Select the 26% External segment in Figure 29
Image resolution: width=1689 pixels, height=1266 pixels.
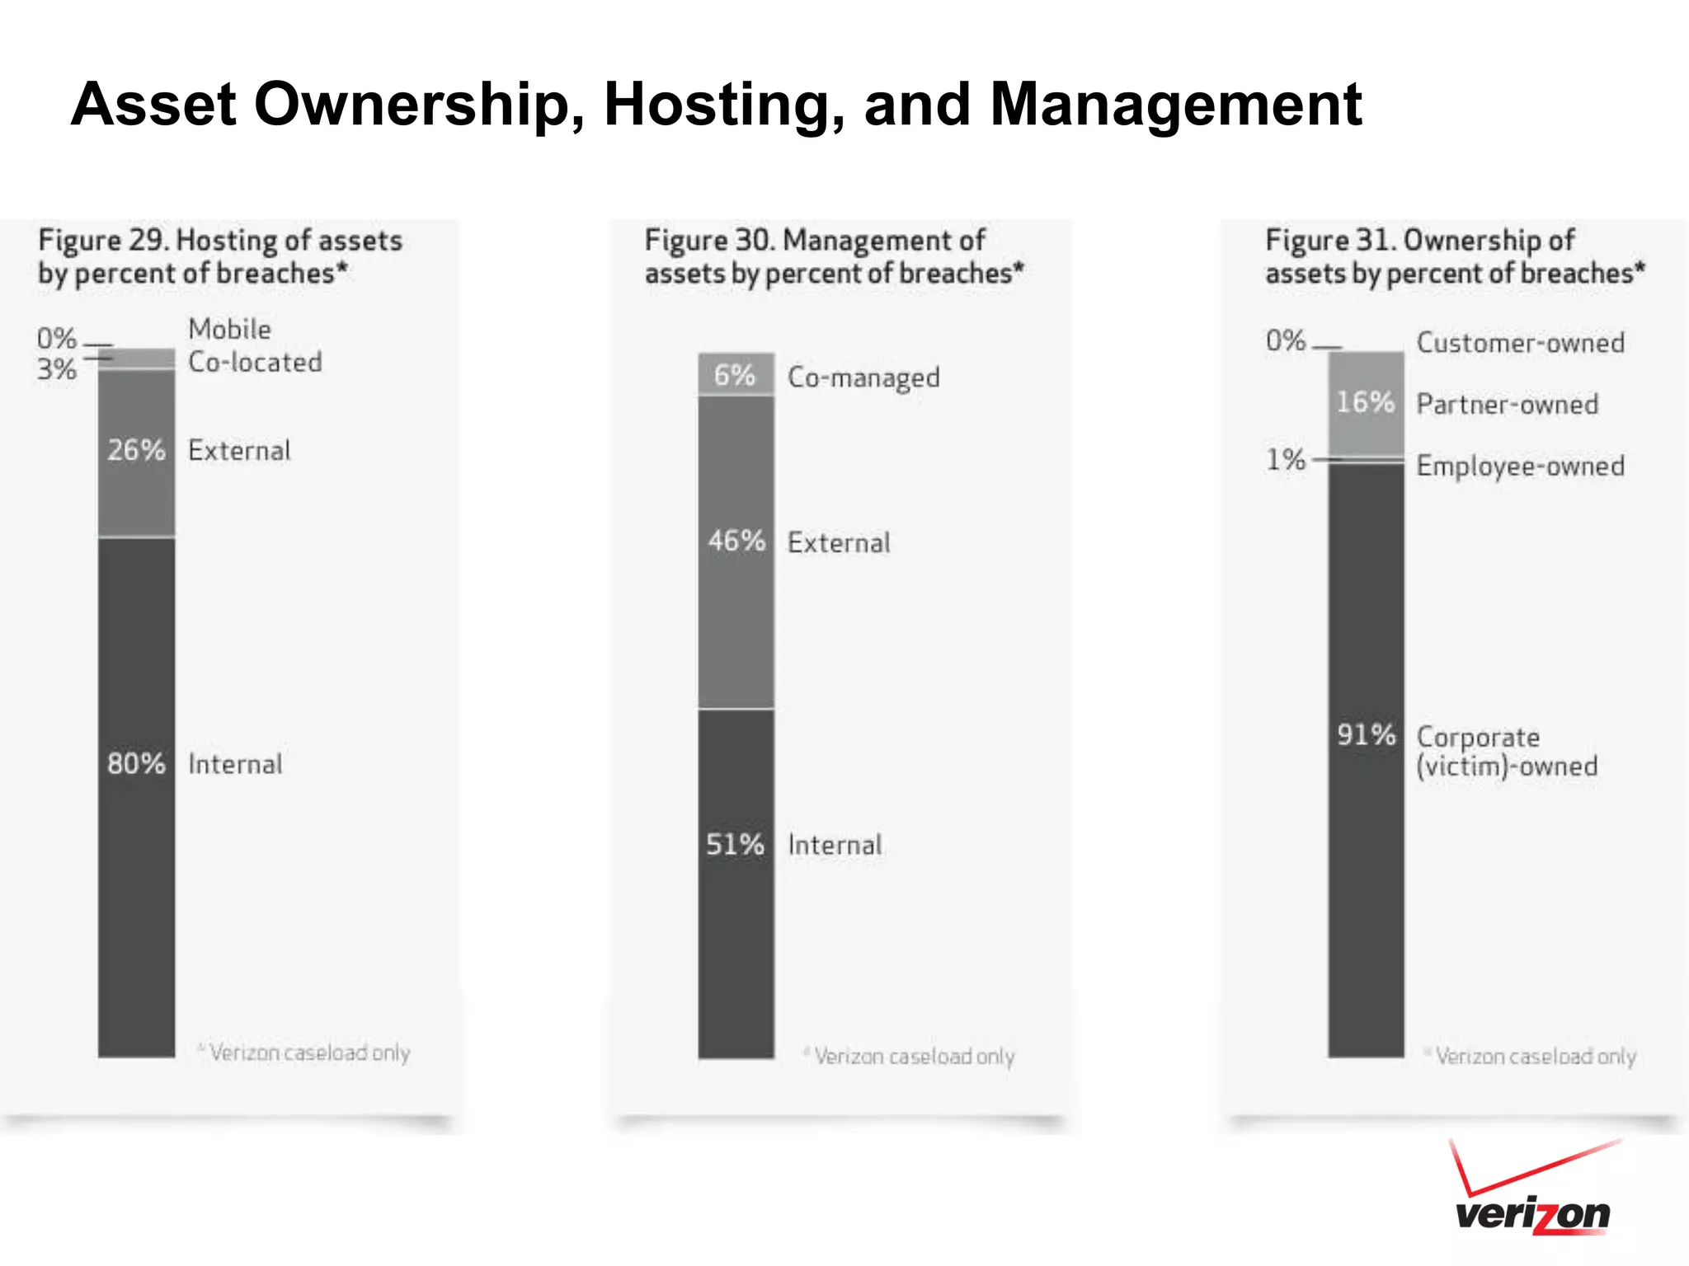click(136, 453)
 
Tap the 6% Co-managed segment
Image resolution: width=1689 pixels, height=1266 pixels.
click(736, 375)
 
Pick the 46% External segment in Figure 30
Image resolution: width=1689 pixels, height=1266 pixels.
click(736, 551)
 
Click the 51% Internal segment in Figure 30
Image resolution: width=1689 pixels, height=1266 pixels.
click(736, 882)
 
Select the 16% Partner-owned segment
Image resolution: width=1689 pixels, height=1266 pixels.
click(1366, 403)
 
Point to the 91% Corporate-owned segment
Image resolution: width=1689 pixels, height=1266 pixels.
click(1366, 758)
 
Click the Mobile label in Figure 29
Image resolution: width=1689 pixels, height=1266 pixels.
click(229, 329)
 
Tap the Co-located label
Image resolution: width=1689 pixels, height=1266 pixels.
click(255, 362)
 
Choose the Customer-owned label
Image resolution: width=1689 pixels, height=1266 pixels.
click(1520, 343)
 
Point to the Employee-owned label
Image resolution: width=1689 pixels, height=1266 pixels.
click(1520, 467)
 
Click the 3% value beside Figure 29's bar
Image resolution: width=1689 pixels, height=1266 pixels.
click(56, 369)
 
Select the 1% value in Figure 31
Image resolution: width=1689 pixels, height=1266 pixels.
click(1285, 460)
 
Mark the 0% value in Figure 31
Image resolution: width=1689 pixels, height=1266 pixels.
click(1285, 340)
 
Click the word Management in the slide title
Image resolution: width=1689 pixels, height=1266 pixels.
click(1175, 105)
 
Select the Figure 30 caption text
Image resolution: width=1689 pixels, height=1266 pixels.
click(833, 256)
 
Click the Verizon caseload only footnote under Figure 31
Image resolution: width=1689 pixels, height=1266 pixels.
click(1534, 1056)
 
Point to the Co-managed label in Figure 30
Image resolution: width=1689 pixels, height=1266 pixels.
click(863, 377)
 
